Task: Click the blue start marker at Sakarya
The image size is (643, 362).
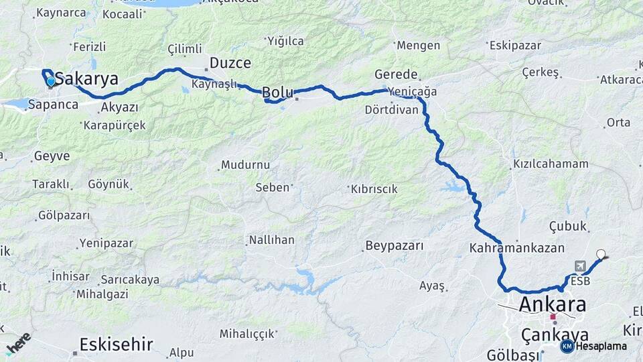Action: point(51,82)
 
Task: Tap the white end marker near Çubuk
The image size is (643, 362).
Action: point(601,254)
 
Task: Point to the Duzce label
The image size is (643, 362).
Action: point(230,63)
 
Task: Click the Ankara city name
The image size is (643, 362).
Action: point(553,304)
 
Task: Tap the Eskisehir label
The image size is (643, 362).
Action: point(116,345)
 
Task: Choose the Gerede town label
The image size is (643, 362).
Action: point(397,74)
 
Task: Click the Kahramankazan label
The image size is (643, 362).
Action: point(517,247)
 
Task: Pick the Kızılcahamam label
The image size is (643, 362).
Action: point(551,164)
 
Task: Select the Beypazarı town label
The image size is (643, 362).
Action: point(395,246)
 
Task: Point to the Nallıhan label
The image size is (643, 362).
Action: point(271,239)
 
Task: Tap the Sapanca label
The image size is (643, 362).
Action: point(53,105)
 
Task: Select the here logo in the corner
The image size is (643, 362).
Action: point(19,343)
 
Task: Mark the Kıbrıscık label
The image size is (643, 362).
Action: point(374,190)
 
